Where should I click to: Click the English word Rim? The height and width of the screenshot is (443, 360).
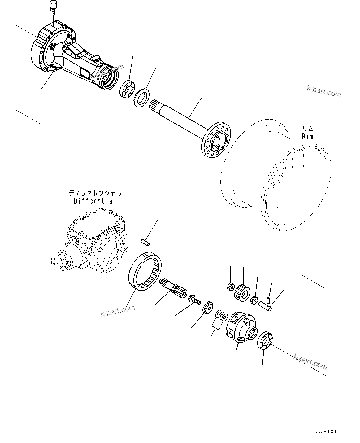tap(307, 137)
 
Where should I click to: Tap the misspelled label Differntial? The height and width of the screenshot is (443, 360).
tap(95, 201)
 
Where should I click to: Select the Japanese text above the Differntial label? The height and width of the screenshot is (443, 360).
tap(95, 193)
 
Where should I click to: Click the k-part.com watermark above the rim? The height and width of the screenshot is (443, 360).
tap(324, 92)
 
